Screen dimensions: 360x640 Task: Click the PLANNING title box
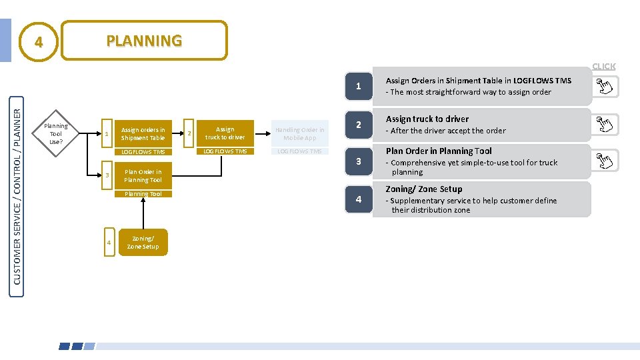144,41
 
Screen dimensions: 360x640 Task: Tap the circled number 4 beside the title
39,42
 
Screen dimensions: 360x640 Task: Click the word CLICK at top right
604,66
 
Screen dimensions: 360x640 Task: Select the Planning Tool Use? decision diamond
56,134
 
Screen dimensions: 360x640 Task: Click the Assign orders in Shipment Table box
143,134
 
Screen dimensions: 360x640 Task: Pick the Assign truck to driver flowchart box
225,133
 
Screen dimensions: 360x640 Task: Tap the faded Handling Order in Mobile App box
300,134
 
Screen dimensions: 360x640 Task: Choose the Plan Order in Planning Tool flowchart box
143,176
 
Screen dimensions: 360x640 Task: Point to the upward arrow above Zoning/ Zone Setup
142,213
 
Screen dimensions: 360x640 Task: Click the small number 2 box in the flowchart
189,134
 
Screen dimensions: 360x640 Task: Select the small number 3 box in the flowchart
107,175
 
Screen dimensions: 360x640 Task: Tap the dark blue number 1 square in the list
359,87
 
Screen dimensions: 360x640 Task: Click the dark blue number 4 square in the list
359,199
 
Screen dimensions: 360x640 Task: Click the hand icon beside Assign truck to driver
603,125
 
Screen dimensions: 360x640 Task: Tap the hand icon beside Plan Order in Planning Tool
603,160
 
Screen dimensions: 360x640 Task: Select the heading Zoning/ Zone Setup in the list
424,189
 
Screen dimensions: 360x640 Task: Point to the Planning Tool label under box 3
143,194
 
